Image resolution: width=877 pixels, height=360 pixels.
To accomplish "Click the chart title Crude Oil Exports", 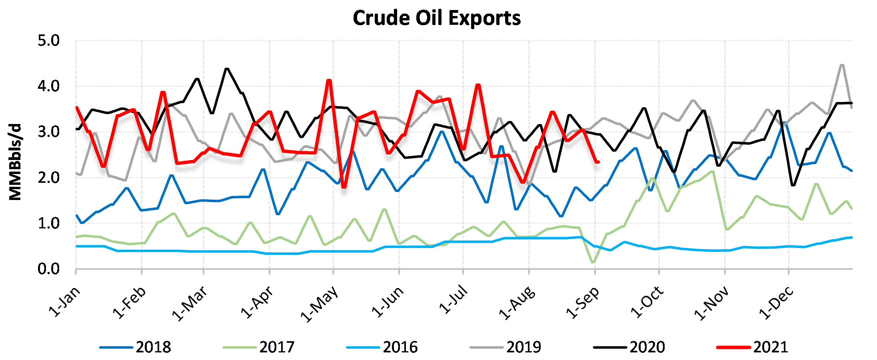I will tap(437, 18).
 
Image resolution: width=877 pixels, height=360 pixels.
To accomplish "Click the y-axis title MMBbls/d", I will tap(15, 162).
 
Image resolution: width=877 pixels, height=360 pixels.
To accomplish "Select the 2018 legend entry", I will tap(136, 347).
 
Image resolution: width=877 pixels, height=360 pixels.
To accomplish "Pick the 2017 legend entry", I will tap(259, 347).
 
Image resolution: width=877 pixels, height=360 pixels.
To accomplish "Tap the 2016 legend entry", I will tap(382, 347).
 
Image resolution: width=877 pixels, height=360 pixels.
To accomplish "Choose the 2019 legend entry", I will tap(506, 347).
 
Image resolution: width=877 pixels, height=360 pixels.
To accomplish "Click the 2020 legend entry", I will tap(629, 347).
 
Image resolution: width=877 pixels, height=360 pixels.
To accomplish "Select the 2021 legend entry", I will tap(753, 347).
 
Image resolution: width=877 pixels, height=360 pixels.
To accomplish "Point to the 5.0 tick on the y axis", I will tap(48, 40).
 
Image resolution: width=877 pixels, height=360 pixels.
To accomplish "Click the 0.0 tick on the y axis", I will tap(48, 269).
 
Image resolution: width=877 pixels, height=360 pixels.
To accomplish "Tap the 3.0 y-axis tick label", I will tap(48, 132).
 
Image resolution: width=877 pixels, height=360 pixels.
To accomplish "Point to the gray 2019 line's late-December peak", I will tap(842, 65).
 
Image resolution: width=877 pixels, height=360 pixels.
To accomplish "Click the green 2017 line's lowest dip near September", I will tap(593, 262).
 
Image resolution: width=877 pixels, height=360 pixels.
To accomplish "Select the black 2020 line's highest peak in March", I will tap(227, 69).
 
